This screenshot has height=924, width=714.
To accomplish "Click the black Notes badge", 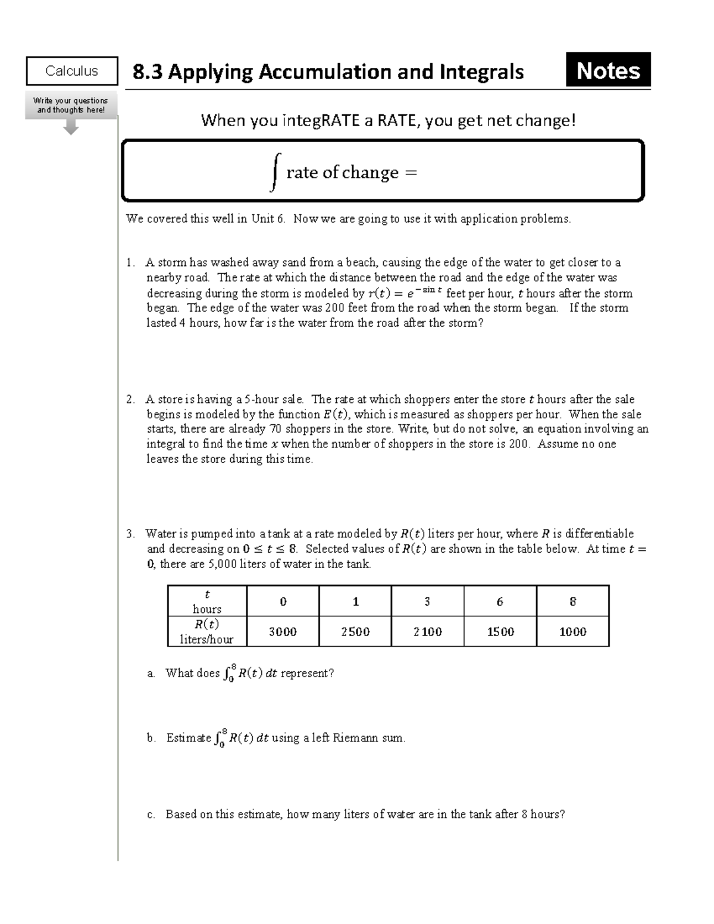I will click(x=608, y=70).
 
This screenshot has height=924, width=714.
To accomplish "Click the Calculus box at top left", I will click(x=71, y=71).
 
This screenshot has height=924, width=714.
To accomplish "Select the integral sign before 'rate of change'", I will click(x=274, y=172).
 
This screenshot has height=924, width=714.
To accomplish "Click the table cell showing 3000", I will click(x=283, y=632).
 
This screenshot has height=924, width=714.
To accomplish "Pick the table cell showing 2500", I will click(x=355, y=632).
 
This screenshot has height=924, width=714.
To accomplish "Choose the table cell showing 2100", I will click(x=428, y=632).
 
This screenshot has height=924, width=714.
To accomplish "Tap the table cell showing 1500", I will click(x=500, y=632).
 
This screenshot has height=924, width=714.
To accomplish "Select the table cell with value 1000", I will click(x=573, y=632).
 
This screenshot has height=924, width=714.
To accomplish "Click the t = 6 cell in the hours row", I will click(x=500, y=602).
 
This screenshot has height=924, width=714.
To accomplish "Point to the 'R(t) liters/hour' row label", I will click(x=206, y=632).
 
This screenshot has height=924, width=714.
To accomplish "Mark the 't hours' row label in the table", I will click(x=206, y=602).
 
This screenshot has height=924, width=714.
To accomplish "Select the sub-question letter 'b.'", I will click(x=151, y=738).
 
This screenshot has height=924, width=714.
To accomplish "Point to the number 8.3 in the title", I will click(x=148, y=72).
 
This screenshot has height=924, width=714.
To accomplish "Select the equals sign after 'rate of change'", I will click(x=411, y=173).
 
